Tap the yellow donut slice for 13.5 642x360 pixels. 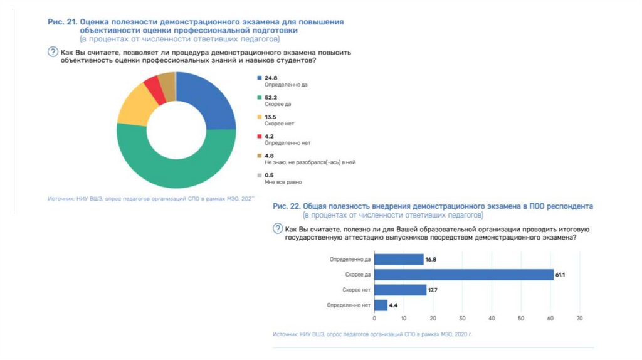[132, 107]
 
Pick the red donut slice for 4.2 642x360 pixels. [152, 86]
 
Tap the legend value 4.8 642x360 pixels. [270, 156]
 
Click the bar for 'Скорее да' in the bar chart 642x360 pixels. [464, 275]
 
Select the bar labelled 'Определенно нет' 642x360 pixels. [381, 305]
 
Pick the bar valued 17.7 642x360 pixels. [399, 290]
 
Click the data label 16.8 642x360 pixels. [431, 259]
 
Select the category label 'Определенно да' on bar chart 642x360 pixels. [350, 259]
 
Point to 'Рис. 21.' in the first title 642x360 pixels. [61, 22]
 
